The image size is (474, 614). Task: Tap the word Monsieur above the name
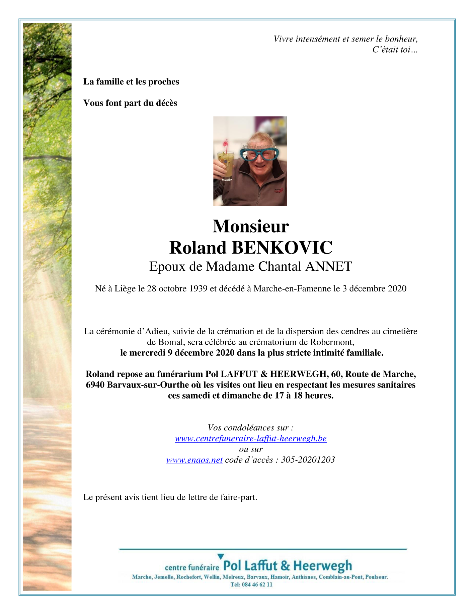[x=250, y=226]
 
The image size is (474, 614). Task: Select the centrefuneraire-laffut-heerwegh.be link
[x=251, y=438]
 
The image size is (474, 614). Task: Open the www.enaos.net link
[x=194, y=460]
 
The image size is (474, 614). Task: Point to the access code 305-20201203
[x=308, y=460]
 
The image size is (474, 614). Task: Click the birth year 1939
[x=198, y=289]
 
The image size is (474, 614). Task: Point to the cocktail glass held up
[x=225, y=164]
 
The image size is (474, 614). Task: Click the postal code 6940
[x=95, y=385]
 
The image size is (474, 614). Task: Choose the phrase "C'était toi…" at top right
[x=395, y=50]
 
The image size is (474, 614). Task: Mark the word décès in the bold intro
[x=166, y=103]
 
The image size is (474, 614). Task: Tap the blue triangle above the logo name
[x=220, y=556]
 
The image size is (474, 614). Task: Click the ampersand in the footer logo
[x=285, y=566]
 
